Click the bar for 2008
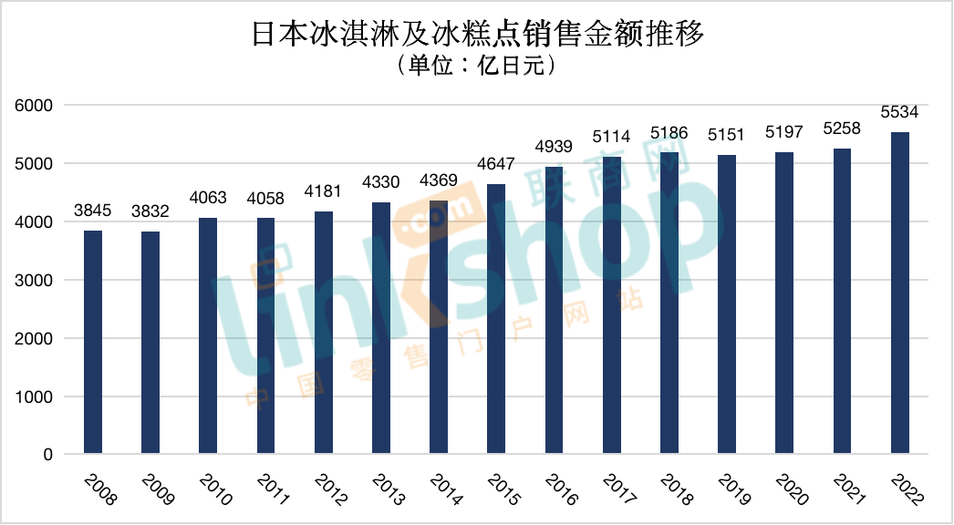[92, 342]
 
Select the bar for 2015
[496, 319]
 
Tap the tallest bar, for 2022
[899, 293]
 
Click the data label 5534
[899, 113]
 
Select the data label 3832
[150, 211]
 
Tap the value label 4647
[496, 165]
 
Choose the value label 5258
[842, 129]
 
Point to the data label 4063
[208, 199]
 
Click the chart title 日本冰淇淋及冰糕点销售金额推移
[476, 36]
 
